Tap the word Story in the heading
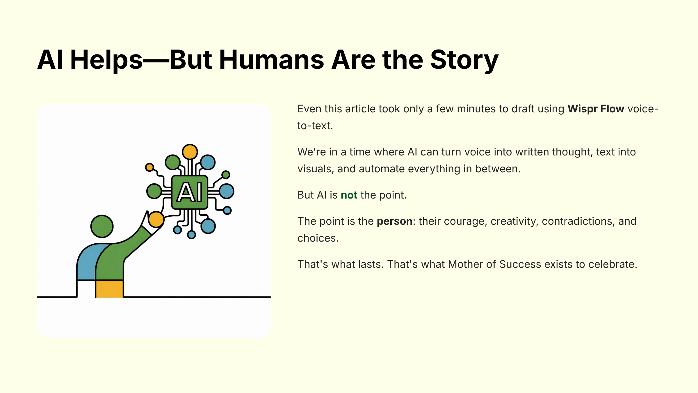[x=464, y=60]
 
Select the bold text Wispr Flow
[x=596, y=109]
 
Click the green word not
[x=349, y=195]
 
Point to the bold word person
[x=394, y=221]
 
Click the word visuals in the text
[x=315, y=169]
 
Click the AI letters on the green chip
[x=190, y=192]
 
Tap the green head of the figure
[x=102, y=226]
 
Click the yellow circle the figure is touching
[x=156, y=219]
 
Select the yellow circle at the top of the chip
[x=190, y=152]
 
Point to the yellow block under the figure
[x=109, y=289]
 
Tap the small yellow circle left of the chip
[x=149, y=167]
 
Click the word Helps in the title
[x=106, y=60]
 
